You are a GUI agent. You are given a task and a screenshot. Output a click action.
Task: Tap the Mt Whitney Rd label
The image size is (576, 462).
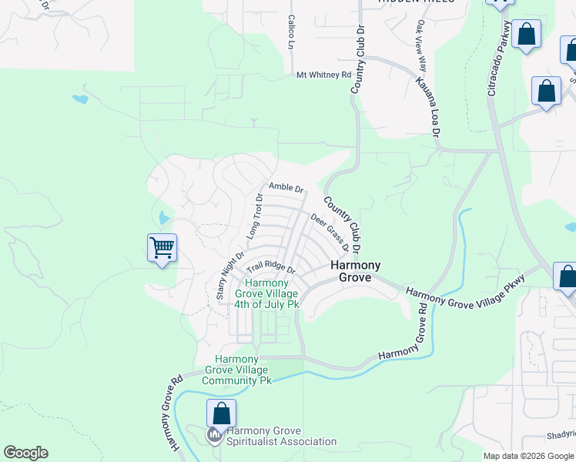(323, 75)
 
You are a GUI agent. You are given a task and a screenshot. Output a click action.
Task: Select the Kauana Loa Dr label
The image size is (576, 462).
(429, 107)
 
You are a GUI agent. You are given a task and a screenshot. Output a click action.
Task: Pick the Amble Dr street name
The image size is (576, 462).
(286, 188)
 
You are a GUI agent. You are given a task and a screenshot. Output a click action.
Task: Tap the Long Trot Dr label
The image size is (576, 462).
(254, 216)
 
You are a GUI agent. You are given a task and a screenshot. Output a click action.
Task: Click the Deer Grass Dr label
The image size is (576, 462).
(330, 233)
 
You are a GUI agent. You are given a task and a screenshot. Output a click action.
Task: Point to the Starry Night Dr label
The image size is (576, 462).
(230, 270)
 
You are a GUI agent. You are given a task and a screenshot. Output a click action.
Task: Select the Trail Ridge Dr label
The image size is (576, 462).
(271, 269)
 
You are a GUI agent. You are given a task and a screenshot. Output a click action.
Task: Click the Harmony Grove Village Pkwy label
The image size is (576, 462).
(464, 292)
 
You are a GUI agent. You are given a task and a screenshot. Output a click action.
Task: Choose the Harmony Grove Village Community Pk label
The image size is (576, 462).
(236, 370)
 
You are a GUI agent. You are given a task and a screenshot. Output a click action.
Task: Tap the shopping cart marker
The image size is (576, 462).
(162, 249)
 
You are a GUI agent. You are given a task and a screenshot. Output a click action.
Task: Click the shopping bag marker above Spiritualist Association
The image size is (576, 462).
(221, 413)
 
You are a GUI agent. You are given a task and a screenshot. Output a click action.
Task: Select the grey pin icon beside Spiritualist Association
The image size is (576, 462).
(214, 437)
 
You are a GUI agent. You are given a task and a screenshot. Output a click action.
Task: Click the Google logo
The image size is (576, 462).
(25, 453)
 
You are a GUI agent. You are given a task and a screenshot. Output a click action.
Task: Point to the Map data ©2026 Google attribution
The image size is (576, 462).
(527, 456)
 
